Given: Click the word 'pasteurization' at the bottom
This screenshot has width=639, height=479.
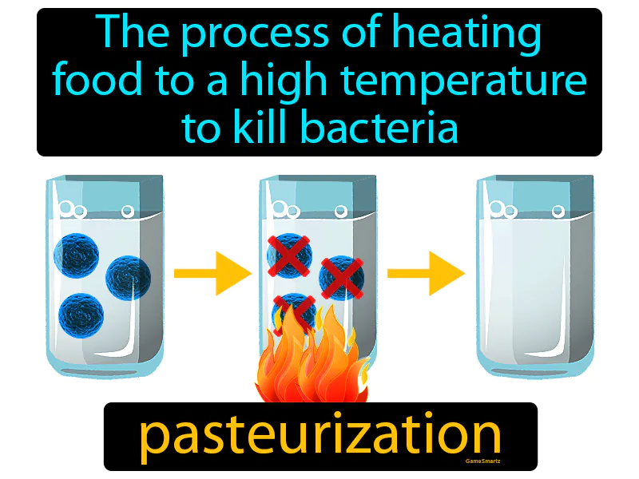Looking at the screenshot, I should click(x=320, y=436).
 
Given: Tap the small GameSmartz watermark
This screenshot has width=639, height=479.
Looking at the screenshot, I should click(x=483, y=461).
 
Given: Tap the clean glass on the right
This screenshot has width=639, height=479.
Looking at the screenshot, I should click(x=535, y=279).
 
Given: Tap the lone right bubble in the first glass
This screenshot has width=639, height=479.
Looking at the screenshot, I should click(x=127, y=212).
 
